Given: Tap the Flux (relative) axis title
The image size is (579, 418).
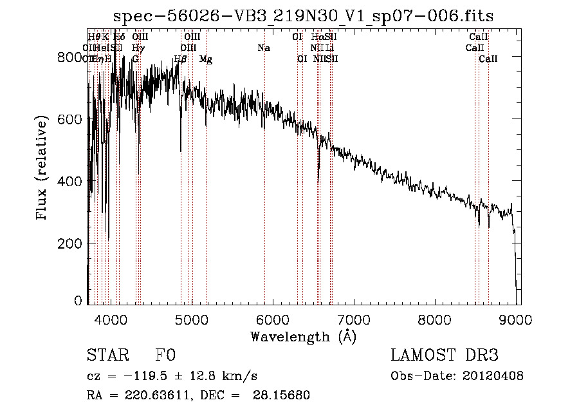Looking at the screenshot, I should point(42,169).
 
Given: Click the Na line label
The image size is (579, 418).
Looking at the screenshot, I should point(264,48).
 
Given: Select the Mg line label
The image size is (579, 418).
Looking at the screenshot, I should point(206,59).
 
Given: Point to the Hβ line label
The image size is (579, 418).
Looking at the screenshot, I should point(180,59).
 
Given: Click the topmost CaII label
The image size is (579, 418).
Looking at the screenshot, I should point(479,37).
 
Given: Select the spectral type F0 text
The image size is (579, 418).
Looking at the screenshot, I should point(165,356).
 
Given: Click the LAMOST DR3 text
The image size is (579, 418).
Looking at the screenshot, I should point(445,356).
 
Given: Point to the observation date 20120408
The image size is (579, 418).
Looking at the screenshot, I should point(492,376).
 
